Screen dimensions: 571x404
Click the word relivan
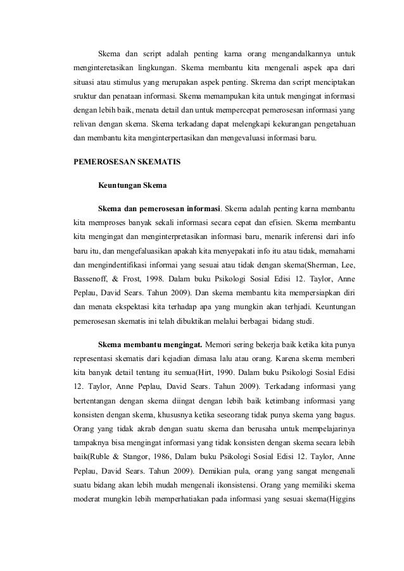[x=82, y=125]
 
